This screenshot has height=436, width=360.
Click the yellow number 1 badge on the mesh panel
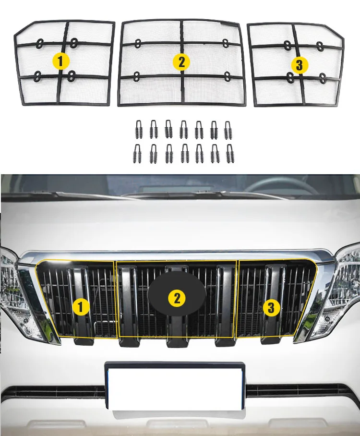(60, 61)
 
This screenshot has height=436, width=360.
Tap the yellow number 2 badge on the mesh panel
(181, 61)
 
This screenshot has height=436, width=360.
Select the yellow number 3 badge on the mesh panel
(299, 65)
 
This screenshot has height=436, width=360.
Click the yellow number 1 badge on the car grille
(81, 307)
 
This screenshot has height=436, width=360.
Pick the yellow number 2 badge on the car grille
(177, 298)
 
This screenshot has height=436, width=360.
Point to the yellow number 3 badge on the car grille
(271, 307)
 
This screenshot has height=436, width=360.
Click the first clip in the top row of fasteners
(138, 129)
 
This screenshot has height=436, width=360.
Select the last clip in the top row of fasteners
(228, 130)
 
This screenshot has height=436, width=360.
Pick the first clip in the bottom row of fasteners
(137, 153)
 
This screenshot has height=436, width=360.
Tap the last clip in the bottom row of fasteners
(230, 154)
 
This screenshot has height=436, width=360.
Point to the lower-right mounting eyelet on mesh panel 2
(228, 76)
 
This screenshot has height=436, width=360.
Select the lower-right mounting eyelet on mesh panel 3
(323, 78)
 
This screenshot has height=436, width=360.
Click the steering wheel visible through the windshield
(281, 185)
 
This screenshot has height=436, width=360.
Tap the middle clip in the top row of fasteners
(183, 130)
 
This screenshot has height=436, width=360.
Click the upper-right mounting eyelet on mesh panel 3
(320, 46)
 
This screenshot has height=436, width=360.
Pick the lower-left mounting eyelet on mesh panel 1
(37, 76)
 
